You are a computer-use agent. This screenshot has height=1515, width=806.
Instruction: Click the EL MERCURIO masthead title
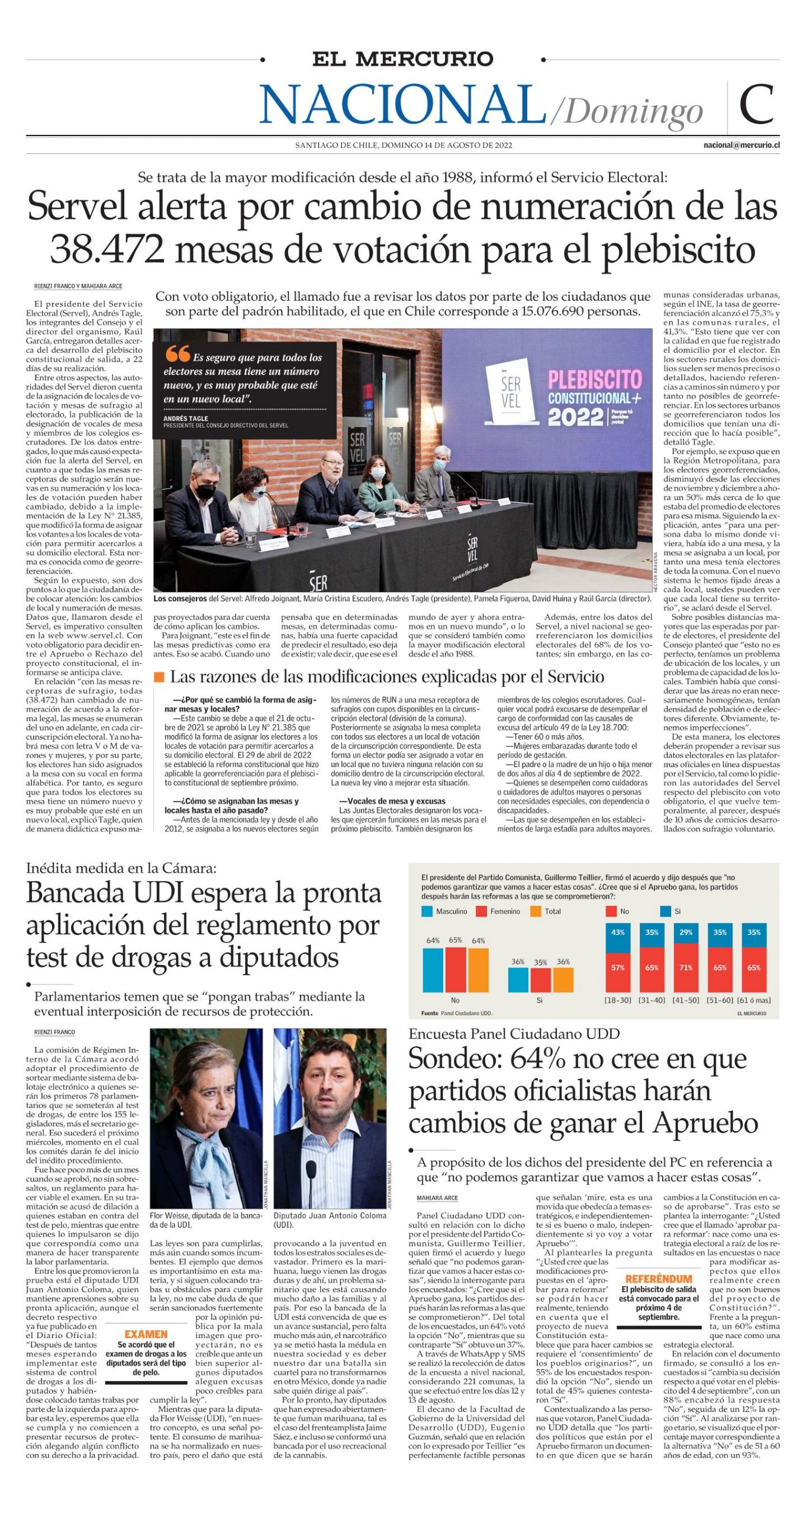402,59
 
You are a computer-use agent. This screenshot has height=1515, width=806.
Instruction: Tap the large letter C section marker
756,104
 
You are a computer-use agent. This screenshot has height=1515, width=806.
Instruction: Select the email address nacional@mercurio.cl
741,145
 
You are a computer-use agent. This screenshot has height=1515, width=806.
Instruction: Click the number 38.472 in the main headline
107,249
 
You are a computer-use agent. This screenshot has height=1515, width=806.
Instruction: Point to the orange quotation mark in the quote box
177,354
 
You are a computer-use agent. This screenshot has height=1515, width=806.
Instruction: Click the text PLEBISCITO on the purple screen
594,379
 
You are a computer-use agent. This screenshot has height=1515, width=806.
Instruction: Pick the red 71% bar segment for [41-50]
685,968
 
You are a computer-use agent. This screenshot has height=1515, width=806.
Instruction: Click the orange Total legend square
536,911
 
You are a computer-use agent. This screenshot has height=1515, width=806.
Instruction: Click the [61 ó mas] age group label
754,1000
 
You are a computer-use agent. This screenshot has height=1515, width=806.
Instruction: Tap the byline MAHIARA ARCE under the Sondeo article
437,1198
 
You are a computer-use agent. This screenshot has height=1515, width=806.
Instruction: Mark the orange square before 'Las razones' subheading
159,677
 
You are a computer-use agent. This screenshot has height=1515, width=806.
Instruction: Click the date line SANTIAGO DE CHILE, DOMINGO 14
404,145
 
